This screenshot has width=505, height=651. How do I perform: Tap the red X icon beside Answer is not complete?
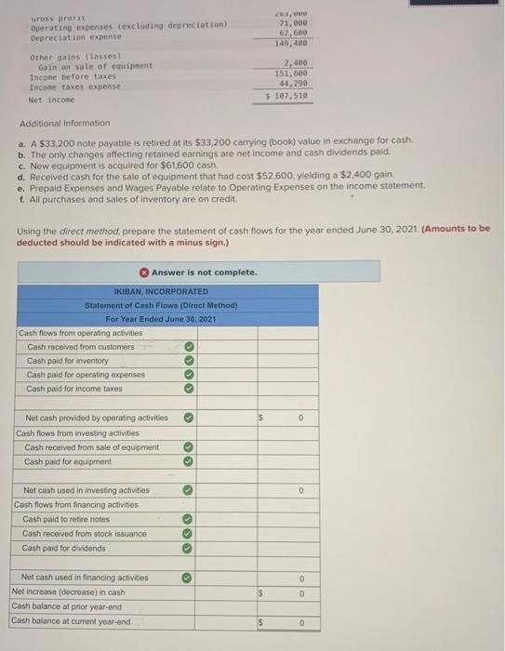144,272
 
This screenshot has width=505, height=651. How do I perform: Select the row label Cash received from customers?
81,347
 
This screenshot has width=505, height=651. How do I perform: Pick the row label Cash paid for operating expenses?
86,375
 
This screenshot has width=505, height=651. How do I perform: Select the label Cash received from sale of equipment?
91,447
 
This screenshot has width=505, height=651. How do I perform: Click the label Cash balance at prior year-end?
66,606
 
